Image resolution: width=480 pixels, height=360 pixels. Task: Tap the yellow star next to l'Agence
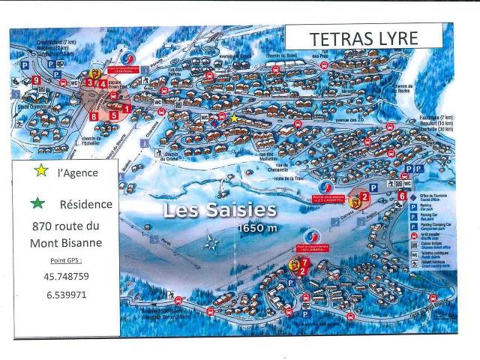pyautogui.click(x=41, y=171)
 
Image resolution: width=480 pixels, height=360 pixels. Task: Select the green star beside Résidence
pyautogui.click(x=39, y=202)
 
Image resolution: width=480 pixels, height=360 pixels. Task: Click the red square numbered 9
pyautogui.click(x=35, y=79)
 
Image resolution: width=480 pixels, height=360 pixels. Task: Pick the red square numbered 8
pyautogui.click(x=94, y=116)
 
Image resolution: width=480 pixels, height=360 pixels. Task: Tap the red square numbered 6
pyautogui.click(x=402, y=196)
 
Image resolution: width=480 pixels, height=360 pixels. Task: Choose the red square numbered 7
pyautogui.click(x=305, y=261)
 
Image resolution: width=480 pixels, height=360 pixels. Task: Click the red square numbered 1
pyautogui.click(x=127, y=109)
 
